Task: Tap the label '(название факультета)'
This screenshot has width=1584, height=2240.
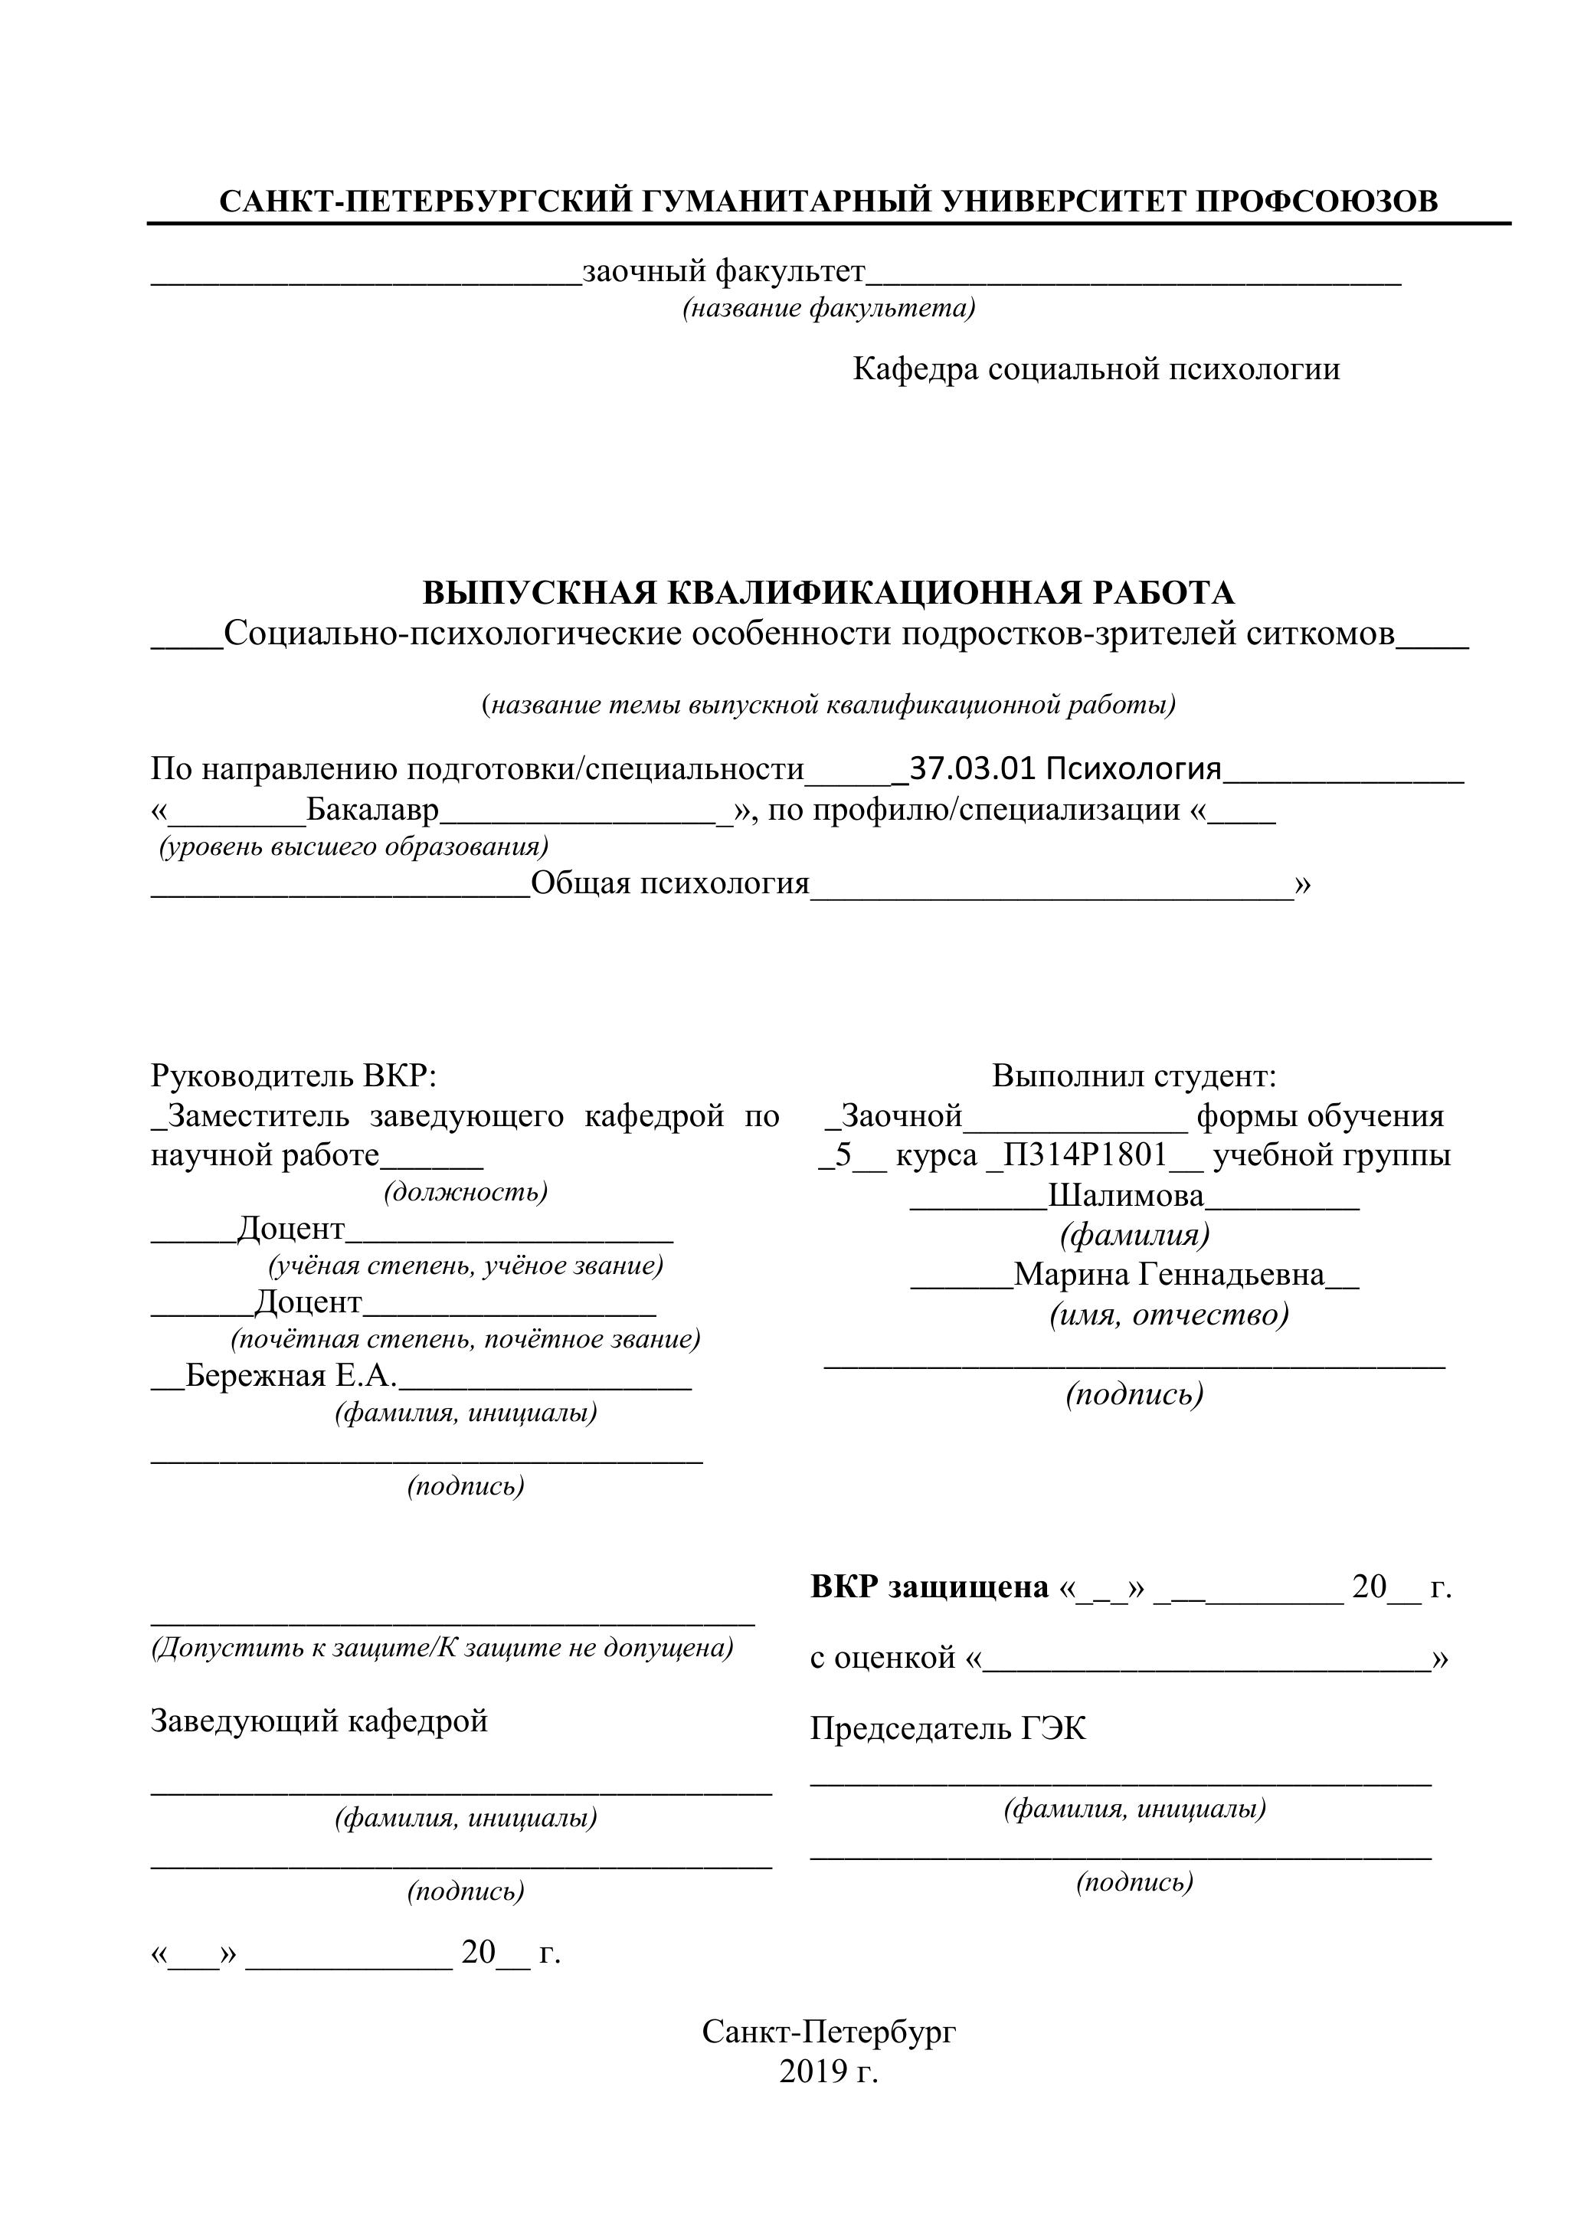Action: click(x=828, y=308)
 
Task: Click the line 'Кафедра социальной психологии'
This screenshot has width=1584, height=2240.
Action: click(x=1095, y=368)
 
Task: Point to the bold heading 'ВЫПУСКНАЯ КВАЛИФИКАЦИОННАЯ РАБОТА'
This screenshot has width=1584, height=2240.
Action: click(x=828, y=592)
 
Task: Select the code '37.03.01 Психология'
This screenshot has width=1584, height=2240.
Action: click(x=1064, y=769)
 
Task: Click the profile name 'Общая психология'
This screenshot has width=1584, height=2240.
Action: click(x=670, y=883)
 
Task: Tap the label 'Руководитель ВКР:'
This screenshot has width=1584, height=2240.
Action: click(x=293, y=1076)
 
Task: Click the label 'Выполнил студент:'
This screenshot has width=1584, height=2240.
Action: click(x=1134, y=1076)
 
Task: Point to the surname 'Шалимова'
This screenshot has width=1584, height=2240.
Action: click(x=1126, y=1195)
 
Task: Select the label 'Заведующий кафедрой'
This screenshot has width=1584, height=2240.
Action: click(x=319, y=1720)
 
